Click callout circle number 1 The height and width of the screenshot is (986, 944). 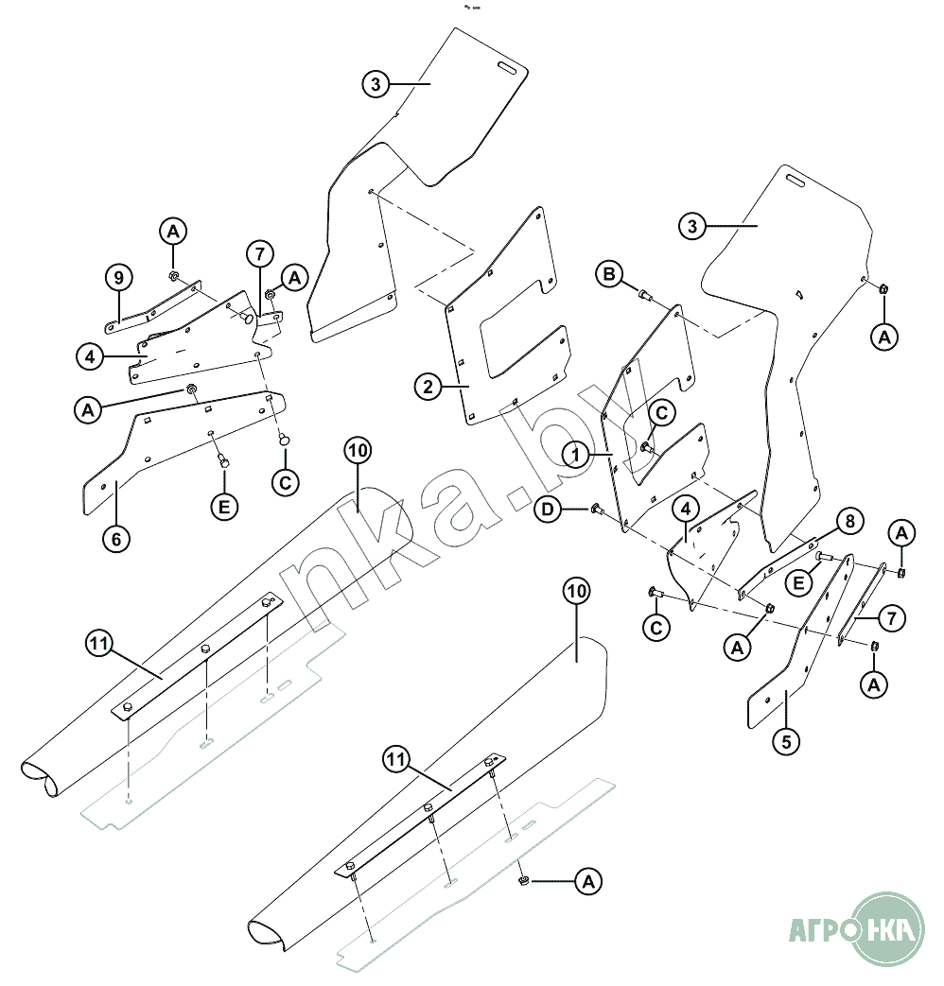pyautogui.click(x=572, y=455)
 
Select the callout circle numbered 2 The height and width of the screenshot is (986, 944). pyautogui.click(x=428, y=386)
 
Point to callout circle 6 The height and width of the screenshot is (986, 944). pyautogui.click(x=115, y=538)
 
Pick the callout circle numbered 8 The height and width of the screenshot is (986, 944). pyautogui.click(x=848, y=521)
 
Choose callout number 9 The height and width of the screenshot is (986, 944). pyautogui.click(x=117, y=278)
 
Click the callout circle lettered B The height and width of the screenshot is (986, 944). pyautogui.click(x=610, y=274)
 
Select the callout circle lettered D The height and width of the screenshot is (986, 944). pyautogui.click(x=547, y=510)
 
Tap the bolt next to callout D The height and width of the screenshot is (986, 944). pyautogui.click(x=596, y=509)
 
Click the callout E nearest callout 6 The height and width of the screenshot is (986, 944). pyautogui.click(x=224, y=506)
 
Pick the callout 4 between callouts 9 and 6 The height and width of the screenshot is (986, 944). pyautogui.click(x=90, y=357)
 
